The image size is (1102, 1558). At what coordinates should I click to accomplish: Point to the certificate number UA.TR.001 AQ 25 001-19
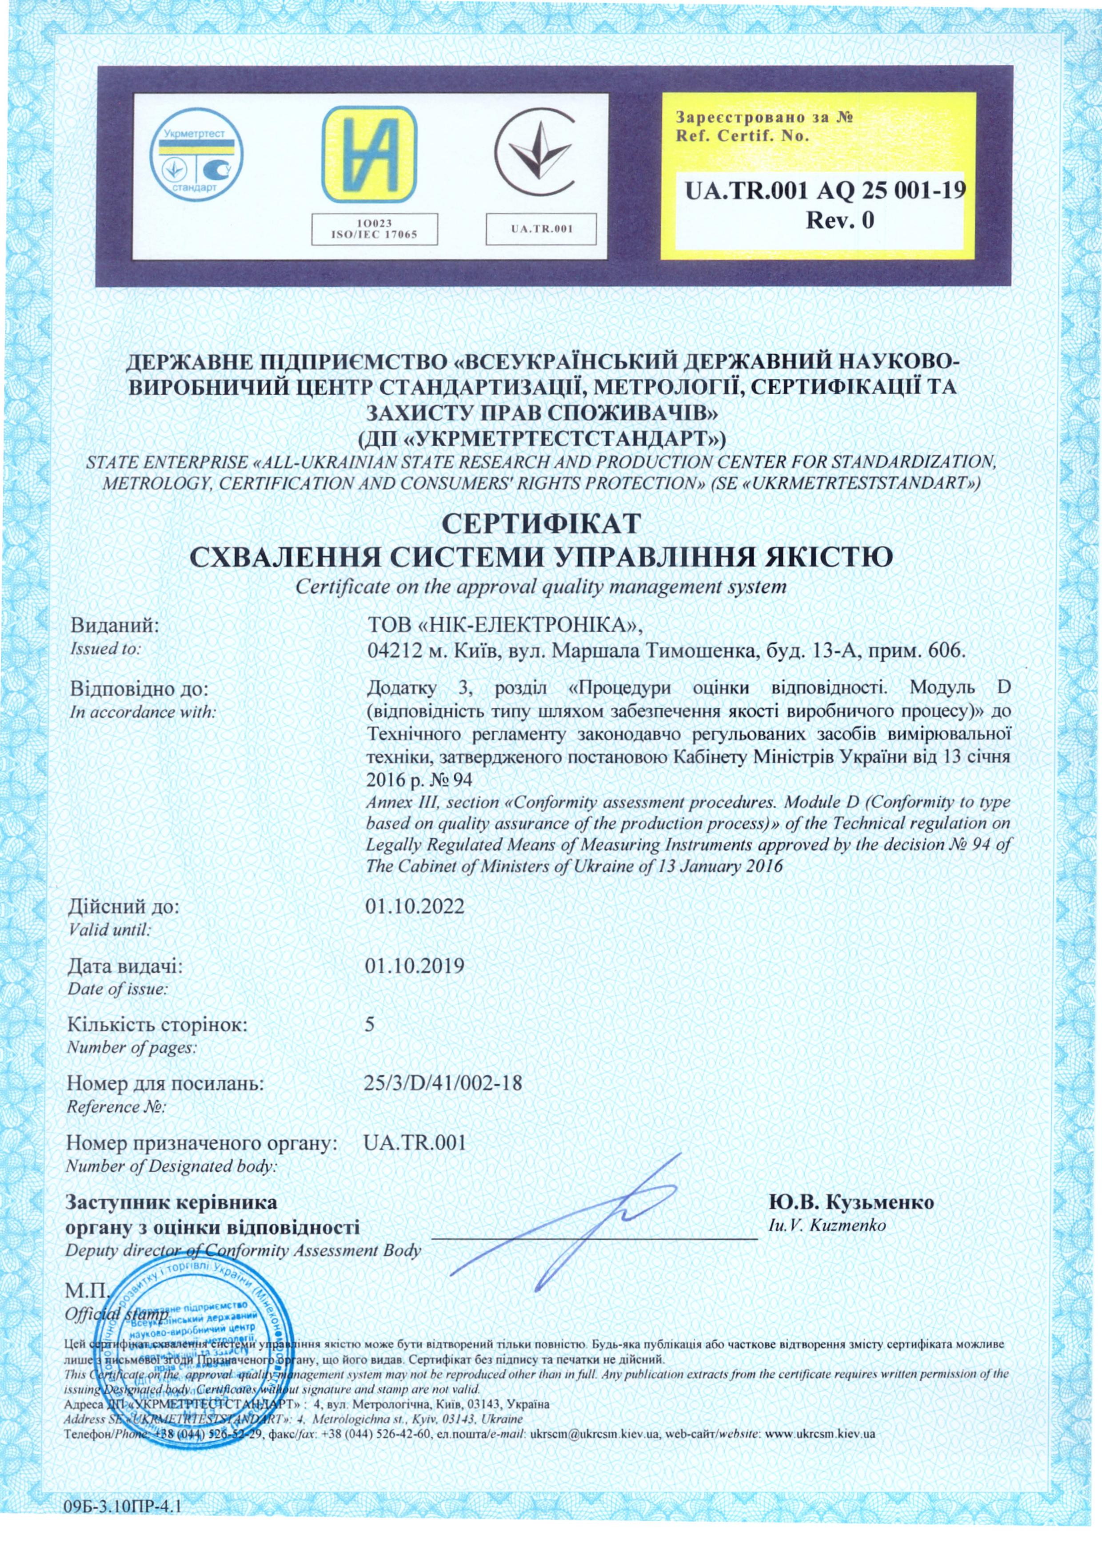tap(825, 190)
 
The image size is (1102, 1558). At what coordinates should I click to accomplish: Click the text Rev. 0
tap(839, 220)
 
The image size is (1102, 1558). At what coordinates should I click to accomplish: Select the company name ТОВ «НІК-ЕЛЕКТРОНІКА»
tap(503, 624)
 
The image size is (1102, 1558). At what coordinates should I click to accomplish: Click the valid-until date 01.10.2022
tap(414, 907)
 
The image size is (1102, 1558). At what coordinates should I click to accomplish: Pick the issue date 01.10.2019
tap(414, 966)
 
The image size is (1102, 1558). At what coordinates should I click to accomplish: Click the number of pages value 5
tap(370, 1025)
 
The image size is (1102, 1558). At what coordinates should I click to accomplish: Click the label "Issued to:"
tap(106, 649)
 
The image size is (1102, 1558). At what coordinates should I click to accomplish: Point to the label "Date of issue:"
tap(117, 989)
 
